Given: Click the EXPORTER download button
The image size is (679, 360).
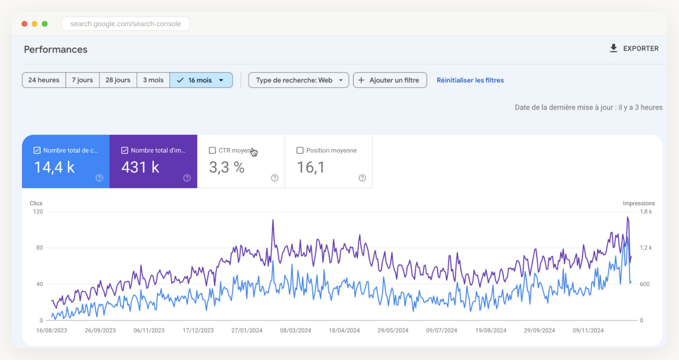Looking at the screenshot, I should pos(634,49).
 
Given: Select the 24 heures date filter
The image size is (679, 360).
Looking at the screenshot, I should pos(44,80).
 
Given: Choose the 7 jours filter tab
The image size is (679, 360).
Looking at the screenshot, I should pos(82,80).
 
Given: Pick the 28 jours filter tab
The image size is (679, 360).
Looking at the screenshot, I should pos(118,80).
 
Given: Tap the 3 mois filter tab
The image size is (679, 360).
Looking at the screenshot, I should pos(153,80).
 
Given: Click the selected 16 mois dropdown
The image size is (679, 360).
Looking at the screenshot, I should pos(201,80).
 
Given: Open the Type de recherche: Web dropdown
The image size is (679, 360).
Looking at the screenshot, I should pos(298,80).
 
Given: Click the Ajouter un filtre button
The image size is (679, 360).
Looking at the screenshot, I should pos(390,80).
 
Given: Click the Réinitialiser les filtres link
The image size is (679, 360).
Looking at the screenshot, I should pos(470,80).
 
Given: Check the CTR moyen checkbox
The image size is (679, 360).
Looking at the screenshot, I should pos(212,150).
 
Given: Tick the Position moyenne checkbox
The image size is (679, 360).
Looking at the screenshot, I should pos(300,150).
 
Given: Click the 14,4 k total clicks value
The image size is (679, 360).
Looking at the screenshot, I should pos(54,167).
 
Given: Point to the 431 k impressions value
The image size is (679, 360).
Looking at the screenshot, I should pos(140,167).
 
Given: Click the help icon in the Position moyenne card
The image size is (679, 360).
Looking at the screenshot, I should pos(362,178).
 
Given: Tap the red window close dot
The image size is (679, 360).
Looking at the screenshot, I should pos(24,24).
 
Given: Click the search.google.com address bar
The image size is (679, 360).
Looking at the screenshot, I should pos(125,24).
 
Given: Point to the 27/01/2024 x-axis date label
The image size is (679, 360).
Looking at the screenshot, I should pos(247,330).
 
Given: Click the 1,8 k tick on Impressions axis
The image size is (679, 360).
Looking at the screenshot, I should pos(646,212).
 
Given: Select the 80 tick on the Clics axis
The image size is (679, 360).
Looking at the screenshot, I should pos(39,248).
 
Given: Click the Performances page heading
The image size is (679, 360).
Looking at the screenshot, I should pos(56,49).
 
